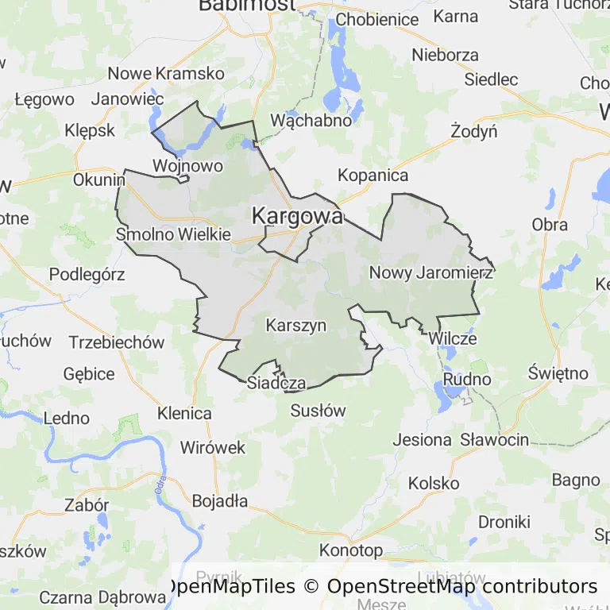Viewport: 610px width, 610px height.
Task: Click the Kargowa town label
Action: (298, 215)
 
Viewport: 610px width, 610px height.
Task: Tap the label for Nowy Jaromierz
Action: (431, 272)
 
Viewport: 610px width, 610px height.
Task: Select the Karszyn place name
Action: (296, 325)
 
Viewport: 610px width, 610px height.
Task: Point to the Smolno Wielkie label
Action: (173, 234)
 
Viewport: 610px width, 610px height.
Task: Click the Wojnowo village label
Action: (187, 166)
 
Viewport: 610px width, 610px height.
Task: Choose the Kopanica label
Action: (373, 176)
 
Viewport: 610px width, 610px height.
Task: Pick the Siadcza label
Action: (276, 383)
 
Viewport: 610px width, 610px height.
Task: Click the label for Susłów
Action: (319, 411)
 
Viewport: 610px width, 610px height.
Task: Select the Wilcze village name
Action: (453, 338)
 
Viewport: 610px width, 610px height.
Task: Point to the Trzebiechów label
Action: (117, 342)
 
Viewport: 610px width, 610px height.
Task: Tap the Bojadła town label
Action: (220, 501)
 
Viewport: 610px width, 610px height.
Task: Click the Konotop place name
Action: (351, 550)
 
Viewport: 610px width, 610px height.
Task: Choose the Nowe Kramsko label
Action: (167, 73)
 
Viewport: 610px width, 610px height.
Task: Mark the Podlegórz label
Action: (87, 274)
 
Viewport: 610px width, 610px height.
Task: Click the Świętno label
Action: (560, 373)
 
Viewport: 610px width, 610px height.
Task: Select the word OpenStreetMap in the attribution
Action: (399, 586)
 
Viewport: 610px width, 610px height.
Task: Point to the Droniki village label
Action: (504, 522)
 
